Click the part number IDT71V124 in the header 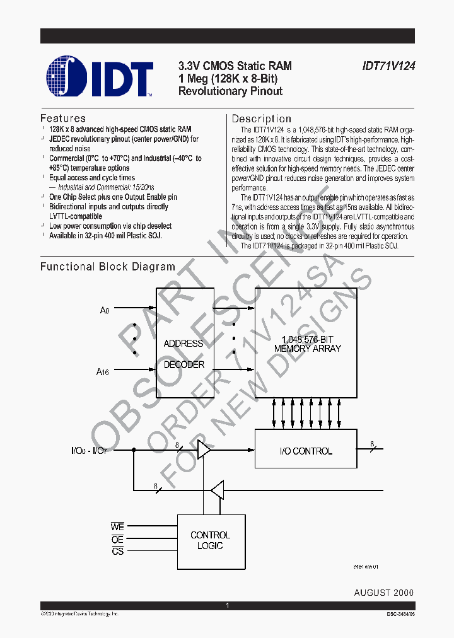click(x=388, y=66)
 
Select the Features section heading click(x=63, y=119)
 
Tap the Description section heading click(x=262, y=119)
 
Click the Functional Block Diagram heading click(x=108, y=267)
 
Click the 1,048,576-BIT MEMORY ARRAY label click(x=308, y=344)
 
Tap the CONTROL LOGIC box click(x=210, y=540)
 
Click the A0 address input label click(x=105, y=311)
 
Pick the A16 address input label click(x=103, y=373)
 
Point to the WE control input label click(x=117, y=527)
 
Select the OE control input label click(x=117, y=540)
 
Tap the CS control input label click(x=117, y=552)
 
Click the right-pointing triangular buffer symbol click(x=204, y=450)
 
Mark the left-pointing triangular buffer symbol click(x=218, y=489)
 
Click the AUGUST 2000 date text click(x=384, y=593)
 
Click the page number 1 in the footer click(x=227, y=606)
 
